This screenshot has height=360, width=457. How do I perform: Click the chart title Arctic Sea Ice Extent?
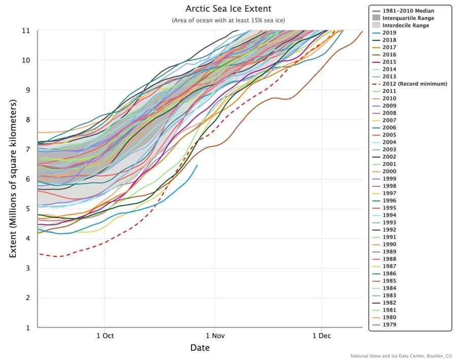(x=228, y=9)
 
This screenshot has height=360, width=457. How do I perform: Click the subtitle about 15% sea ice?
(x=228, y=20)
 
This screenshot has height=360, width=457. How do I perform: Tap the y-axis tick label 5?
(x=28, y=209)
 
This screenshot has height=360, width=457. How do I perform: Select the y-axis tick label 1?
(x=28, y=328)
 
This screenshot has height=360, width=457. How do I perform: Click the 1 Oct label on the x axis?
(x=105, y=336)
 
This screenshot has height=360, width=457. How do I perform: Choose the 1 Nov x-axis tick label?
(x=214, y=336)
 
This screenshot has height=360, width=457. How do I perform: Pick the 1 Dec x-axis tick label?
(x=321, y=336)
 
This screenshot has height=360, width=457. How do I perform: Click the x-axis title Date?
(x=200, y=348)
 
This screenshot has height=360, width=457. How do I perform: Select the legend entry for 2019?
(x=389, y=32)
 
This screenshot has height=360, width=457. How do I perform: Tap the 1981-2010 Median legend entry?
(x=409, y=11)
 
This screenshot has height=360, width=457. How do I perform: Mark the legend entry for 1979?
(x=389, y=324)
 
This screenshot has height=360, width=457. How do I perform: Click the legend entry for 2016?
(x=389, y=54)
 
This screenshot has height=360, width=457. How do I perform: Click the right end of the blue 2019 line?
(x=198, y=165)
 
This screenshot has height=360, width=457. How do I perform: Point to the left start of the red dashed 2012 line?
(x=39, y=253)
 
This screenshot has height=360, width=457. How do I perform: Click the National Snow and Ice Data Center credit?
(x=401, y=356)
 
